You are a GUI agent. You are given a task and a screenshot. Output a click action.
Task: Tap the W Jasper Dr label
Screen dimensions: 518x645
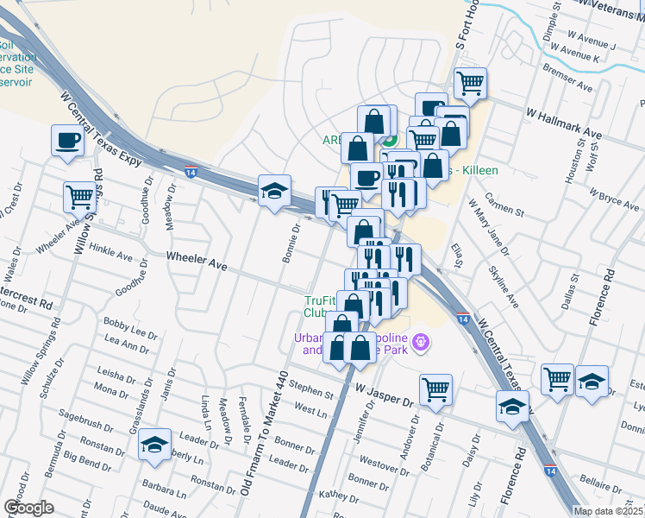[385, 395]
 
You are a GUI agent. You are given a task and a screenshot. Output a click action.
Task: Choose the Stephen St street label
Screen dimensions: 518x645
[311, 390]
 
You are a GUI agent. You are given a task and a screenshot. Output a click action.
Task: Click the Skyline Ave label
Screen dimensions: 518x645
[504, 286]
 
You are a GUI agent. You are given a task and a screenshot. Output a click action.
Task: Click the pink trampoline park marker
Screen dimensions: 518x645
[420, 343]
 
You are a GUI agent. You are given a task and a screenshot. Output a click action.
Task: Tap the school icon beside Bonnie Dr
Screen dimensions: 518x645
[275, 191]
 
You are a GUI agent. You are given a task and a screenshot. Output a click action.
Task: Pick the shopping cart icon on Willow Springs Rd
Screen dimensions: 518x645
[79, 196]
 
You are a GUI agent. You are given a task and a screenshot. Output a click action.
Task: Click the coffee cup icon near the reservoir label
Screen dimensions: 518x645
[67, 140]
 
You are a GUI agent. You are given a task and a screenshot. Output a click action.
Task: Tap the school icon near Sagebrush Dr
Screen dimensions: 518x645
[155, 445]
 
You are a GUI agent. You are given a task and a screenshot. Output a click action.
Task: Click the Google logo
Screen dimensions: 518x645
[28, 508]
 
